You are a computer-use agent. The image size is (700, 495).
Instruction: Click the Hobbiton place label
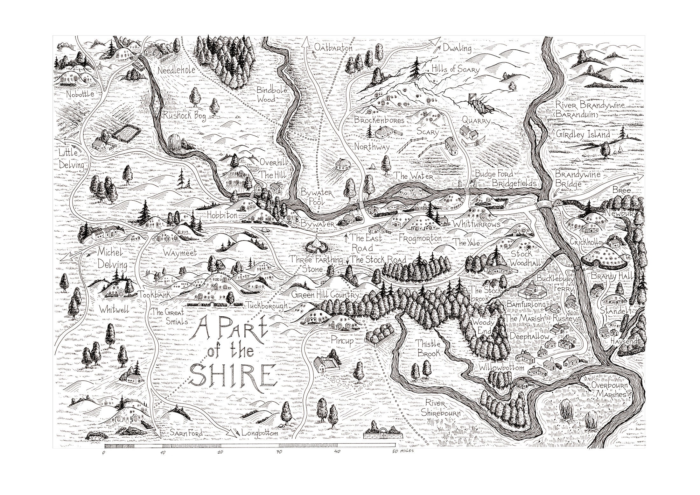point(222,216)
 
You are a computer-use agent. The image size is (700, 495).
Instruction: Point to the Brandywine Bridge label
point(573,179)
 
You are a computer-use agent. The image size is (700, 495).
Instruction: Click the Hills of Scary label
point(455,69)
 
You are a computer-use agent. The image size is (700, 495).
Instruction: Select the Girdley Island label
point(583,135)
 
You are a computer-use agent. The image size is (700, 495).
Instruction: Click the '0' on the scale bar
point(104,453)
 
